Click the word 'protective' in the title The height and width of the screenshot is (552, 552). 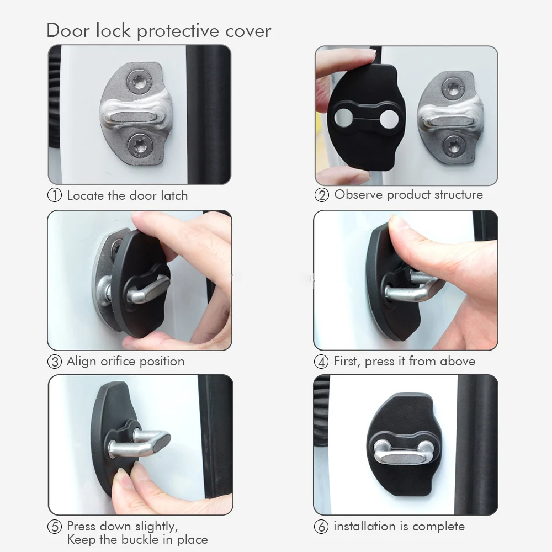177,31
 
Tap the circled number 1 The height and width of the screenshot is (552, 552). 55,195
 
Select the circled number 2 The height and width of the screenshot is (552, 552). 322,195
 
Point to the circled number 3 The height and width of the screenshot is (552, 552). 55,362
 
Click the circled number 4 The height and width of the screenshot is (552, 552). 321,362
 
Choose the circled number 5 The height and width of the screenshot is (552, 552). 55,527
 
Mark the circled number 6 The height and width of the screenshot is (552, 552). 321,527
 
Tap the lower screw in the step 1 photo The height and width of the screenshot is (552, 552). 140,145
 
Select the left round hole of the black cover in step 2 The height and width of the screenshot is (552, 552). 343,118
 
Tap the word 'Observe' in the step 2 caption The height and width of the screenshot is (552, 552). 358,194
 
